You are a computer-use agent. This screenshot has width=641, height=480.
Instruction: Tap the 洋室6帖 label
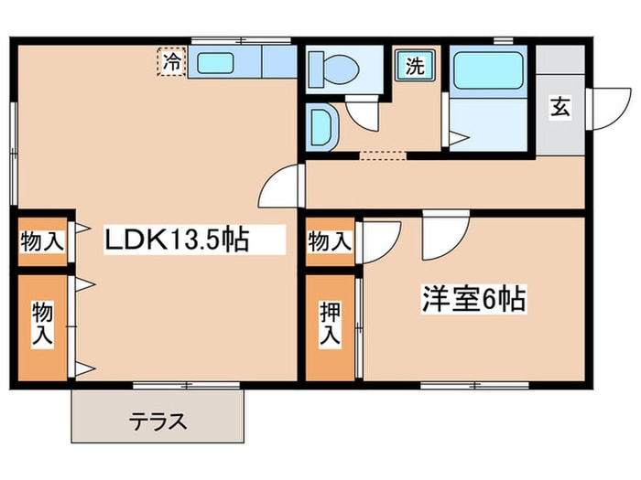(473, 298)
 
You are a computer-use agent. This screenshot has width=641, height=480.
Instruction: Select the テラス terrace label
(158, 422)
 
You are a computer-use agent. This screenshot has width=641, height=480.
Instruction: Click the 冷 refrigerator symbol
(171, 62)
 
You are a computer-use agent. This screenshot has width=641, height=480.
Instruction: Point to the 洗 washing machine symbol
(415, 66)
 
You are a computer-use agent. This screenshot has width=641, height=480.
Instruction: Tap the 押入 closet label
(330, 325)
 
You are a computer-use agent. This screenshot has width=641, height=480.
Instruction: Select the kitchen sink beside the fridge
(216, 63)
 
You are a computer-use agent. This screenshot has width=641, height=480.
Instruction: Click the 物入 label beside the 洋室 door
(330, 242)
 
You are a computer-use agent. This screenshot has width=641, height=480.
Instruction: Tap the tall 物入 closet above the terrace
(43, 323)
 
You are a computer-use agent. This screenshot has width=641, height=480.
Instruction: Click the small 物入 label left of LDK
(43, 242)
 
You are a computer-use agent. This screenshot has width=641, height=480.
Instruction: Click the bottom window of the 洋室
(475, 384)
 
